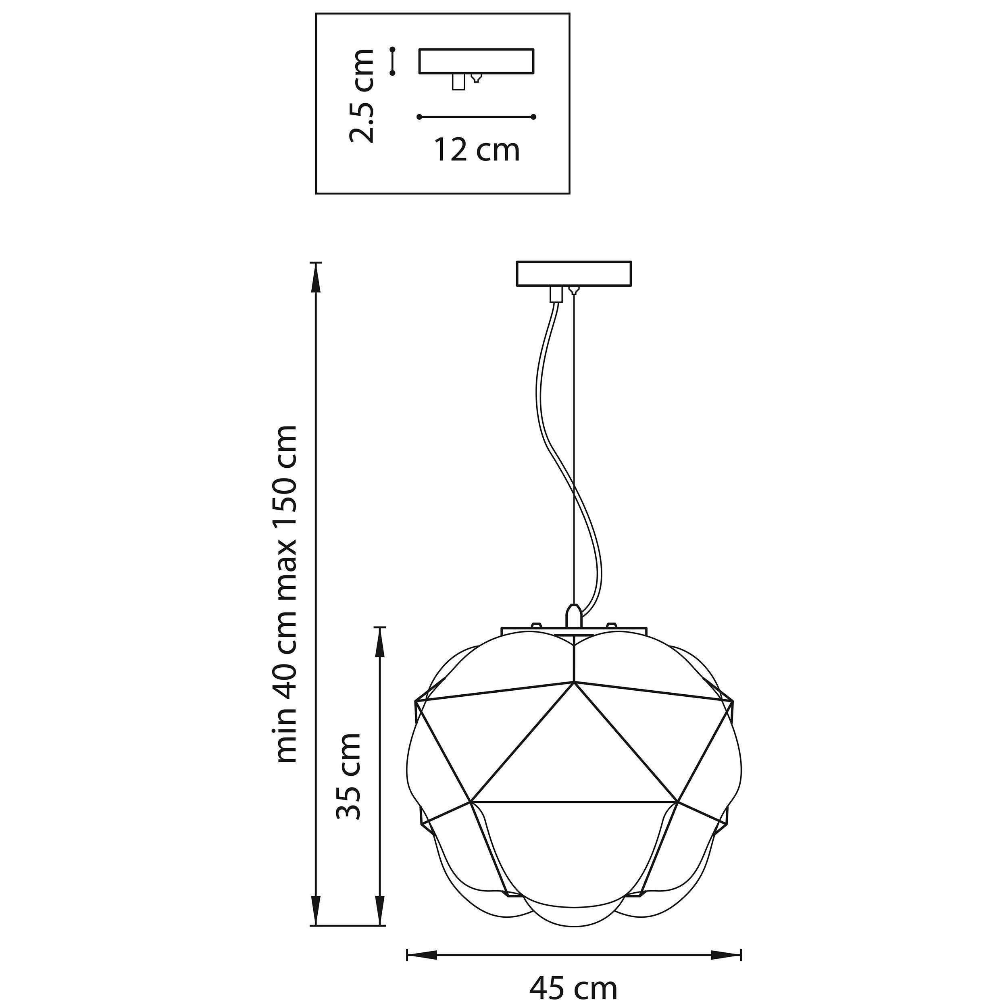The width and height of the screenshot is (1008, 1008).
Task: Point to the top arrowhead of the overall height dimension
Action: [316, 277]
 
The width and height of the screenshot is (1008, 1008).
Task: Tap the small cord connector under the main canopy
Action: [557, 294]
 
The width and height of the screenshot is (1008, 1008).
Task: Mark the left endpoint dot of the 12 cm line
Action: [419, 117]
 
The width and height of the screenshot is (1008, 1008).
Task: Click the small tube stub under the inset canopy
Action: [458, 82]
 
